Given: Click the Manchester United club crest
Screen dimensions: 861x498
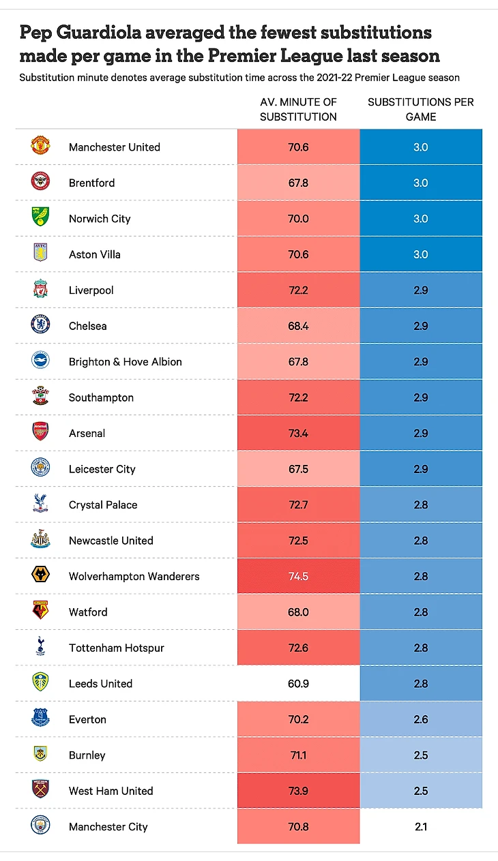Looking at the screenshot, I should coord(40,147).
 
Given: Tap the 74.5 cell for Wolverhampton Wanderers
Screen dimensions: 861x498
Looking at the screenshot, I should coord(298,576).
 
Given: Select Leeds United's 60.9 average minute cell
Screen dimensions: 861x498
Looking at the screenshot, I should coord(298,683).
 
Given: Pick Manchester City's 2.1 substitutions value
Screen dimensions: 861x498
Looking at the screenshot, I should coord(420,826).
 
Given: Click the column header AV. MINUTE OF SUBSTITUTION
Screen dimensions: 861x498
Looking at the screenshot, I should coord(298,109).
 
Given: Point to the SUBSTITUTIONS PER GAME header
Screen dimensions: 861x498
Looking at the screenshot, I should coord(420,109).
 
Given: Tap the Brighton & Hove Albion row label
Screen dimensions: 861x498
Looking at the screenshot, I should coord(125,361).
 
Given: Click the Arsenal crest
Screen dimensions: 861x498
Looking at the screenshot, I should coord(40,432).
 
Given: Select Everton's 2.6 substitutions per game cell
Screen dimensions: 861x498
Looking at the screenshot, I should coord(420,719).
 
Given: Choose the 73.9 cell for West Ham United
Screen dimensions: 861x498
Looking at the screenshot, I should coord(298,791).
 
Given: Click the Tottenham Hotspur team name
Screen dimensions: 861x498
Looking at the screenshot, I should coord(116,648).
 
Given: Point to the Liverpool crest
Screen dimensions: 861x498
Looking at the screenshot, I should coord(40,290).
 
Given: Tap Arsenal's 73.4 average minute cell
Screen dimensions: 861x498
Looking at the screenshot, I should coord(298,433).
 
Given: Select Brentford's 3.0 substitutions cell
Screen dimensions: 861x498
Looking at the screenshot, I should coord(420,183).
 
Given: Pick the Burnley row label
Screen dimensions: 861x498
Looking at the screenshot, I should coord(87,755).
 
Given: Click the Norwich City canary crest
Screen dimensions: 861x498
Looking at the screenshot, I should coord(40,218).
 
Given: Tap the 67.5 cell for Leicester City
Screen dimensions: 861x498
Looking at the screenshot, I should coord(298,469).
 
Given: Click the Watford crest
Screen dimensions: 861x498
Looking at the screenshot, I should coord(40,611).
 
